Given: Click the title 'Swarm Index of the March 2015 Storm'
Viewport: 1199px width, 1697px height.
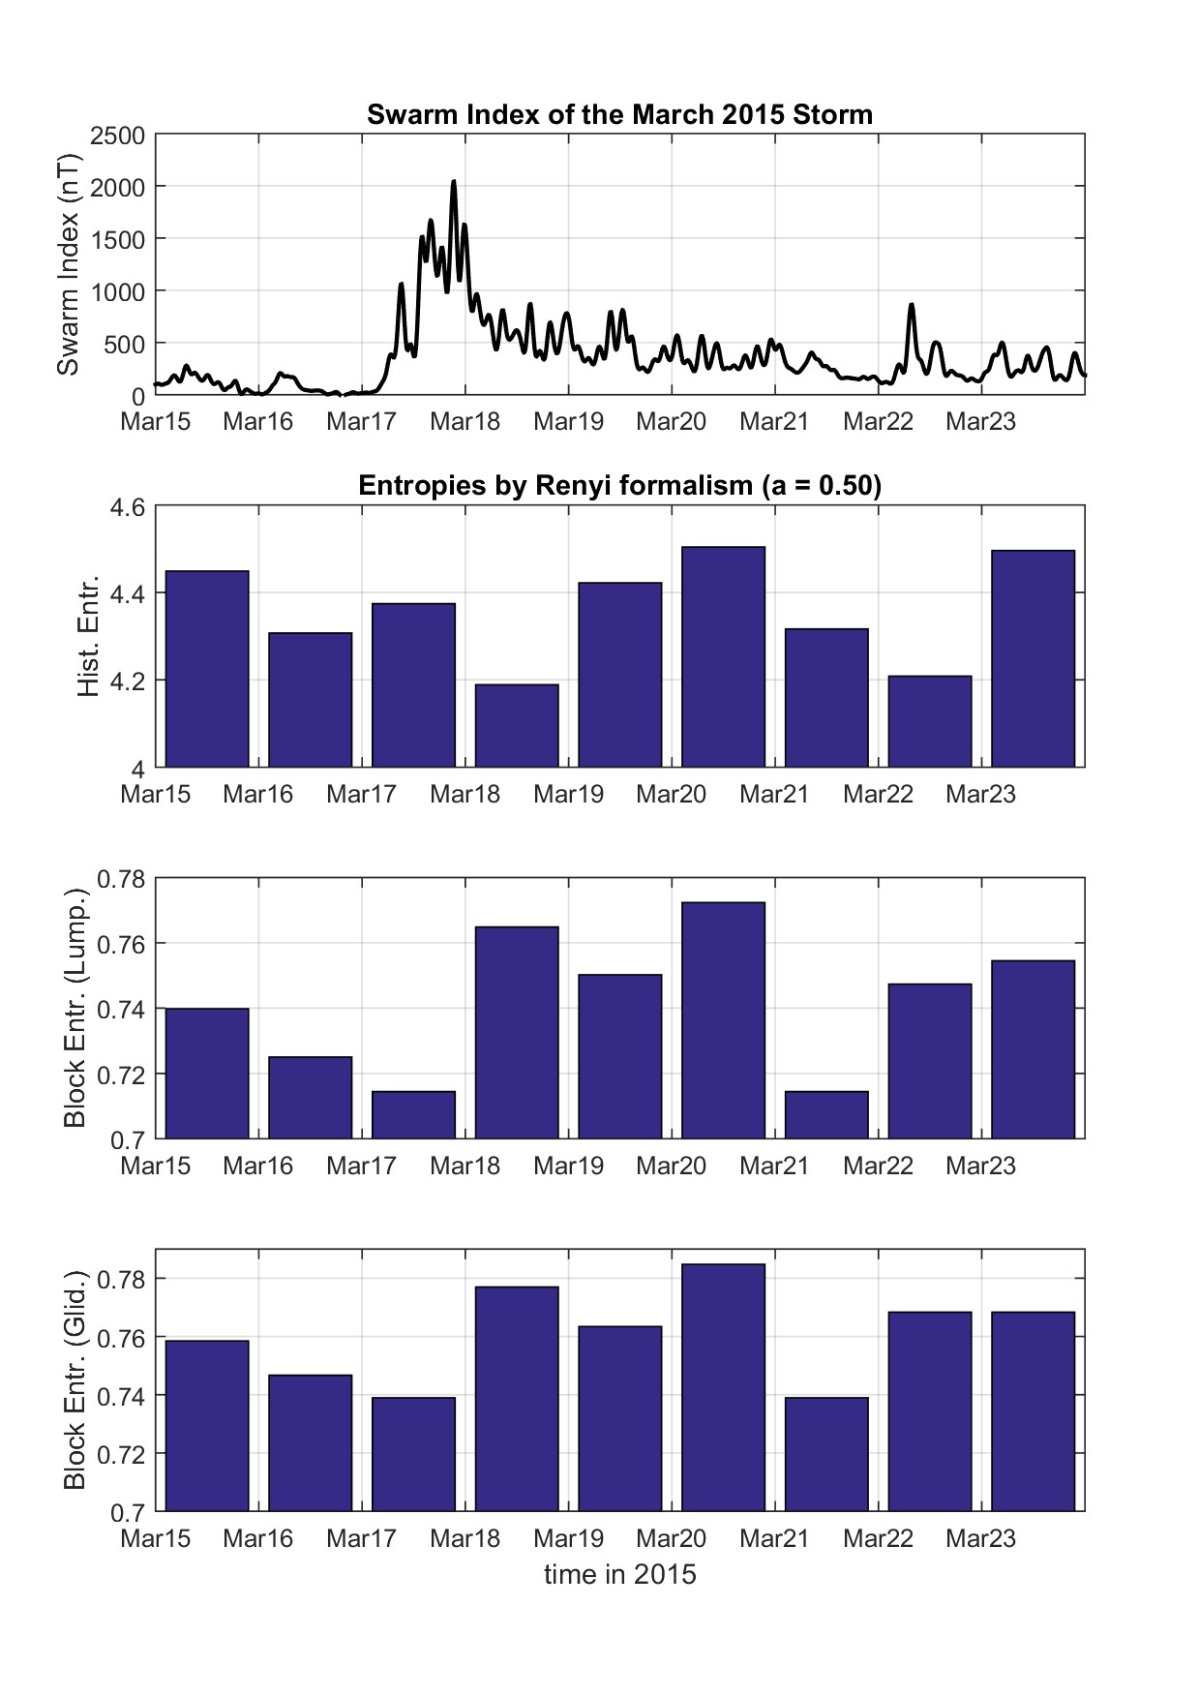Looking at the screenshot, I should pos(619,115).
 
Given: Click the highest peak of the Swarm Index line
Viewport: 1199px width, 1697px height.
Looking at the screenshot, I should pos(454,182).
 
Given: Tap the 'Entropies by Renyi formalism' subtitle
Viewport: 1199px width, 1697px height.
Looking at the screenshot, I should pos(619,485).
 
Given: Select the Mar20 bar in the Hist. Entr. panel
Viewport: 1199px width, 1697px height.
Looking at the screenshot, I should pos(723,657).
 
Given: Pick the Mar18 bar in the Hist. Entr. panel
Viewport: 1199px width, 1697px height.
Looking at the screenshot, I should pos(517,726).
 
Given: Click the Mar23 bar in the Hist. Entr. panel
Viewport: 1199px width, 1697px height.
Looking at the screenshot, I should pos(1033,659).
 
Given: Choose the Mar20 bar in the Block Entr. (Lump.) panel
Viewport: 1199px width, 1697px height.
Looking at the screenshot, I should pos(723,1020).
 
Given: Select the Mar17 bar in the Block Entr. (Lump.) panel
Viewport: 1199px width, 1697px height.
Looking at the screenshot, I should pos(413,1114).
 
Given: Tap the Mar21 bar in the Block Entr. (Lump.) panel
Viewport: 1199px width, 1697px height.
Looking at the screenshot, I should pos(826,1114).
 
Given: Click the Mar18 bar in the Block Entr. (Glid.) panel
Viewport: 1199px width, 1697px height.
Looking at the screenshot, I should pos(517,1399).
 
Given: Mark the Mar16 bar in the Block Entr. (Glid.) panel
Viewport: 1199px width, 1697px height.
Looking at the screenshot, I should pos(310,1442).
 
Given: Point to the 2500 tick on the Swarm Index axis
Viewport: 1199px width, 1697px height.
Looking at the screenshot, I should pos(117,136).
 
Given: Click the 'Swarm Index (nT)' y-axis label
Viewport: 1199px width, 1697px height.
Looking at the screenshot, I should pos(68,263).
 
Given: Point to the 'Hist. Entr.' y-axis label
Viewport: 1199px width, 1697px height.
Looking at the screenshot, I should pos(88,637).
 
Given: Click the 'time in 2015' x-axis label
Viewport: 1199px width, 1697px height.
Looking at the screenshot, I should pos(619,1574).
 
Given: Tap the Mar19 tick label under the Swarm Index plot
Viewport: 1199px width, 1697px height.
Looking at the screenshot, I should pos(568,422).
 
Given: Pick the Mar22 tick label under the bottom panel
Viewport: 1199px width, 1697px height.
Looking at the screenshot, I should pos(878,1538).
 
